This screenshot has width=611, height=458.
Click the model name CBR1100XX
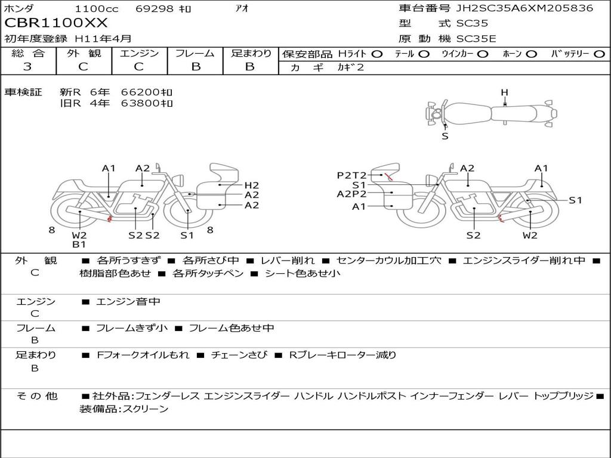55,23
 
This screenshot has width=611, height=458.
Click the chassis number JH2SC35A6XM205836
524,8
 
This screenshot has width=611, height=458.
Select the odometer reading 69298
154,8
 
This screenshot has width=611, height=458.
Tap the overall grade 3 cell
27,67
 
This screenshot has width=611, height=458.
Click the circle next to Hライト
377,54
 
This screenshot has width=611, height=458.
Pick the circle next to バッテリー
599,54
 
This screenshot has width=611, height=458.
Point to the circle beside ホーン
532,54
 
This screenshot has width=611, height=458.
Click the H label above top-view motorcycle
505,92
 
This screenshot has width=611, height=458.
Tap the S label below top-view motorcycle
445,137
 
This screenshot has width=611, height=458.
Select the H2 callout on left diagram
252,185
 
